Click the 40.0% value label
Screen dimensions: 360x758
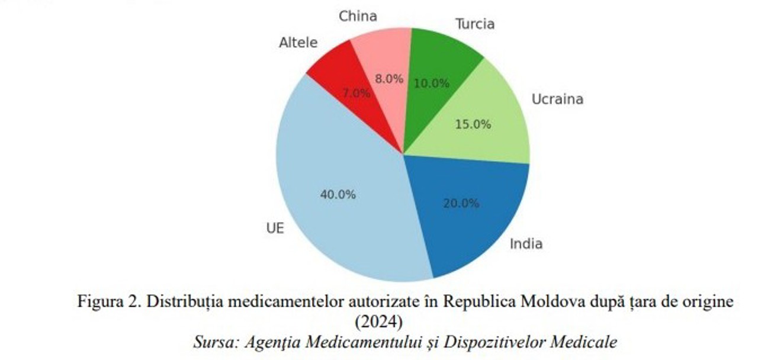click(x=338, y=194)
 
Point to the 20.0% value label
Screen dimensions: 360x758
click(x=461, y=203)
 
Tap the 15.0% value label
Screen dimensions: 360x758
click(x=473, y=124)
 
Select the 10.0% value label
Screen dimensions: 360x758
click(x=431, y=83)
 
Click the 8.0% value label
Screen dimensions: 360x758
click(x=388, y=79)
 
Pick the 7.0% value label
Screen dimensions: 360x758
click(x=356, y=93)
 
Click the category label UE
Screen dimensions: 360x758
click(x=275, y=229)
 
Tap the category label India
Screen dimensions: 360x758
click(x=526, y=243)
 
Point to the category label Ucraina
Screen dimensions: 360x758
click(x=557, y=99)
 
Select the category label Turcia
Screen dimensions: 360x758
click(x=474, y=24)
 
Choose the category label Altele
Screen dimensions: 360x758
click(x=298, y=43)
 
